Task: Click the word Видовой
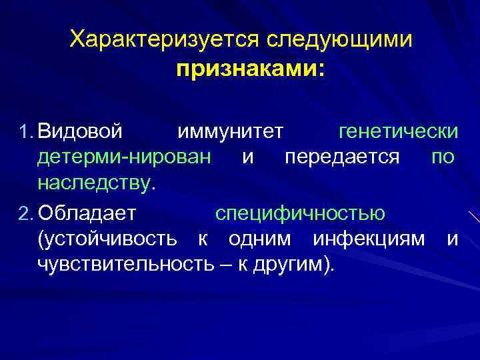point(80,131)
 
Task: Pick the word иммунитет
point(231,131)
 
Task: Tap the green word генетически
point(398,131)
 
